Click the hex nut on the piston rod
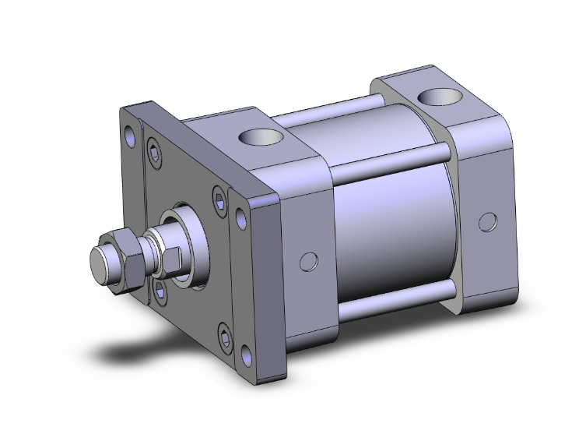point(127,262)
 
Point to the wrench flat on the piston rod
point(174,258)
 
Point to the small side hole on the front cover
point(309,260)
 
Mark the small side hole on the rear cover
point(487,221)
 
